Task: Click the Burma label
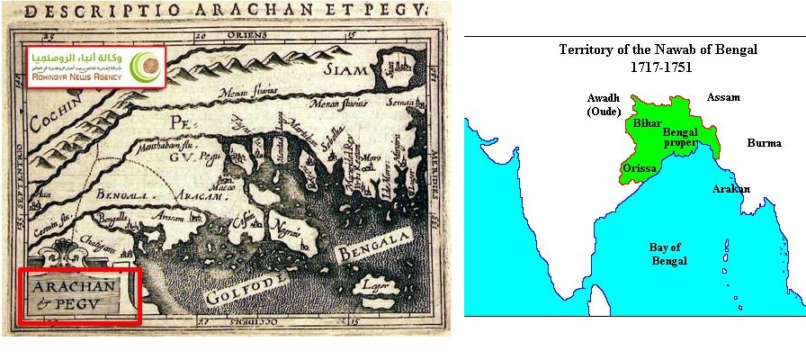pos(764,143)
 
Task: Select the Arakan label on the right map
pos(731,189)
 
